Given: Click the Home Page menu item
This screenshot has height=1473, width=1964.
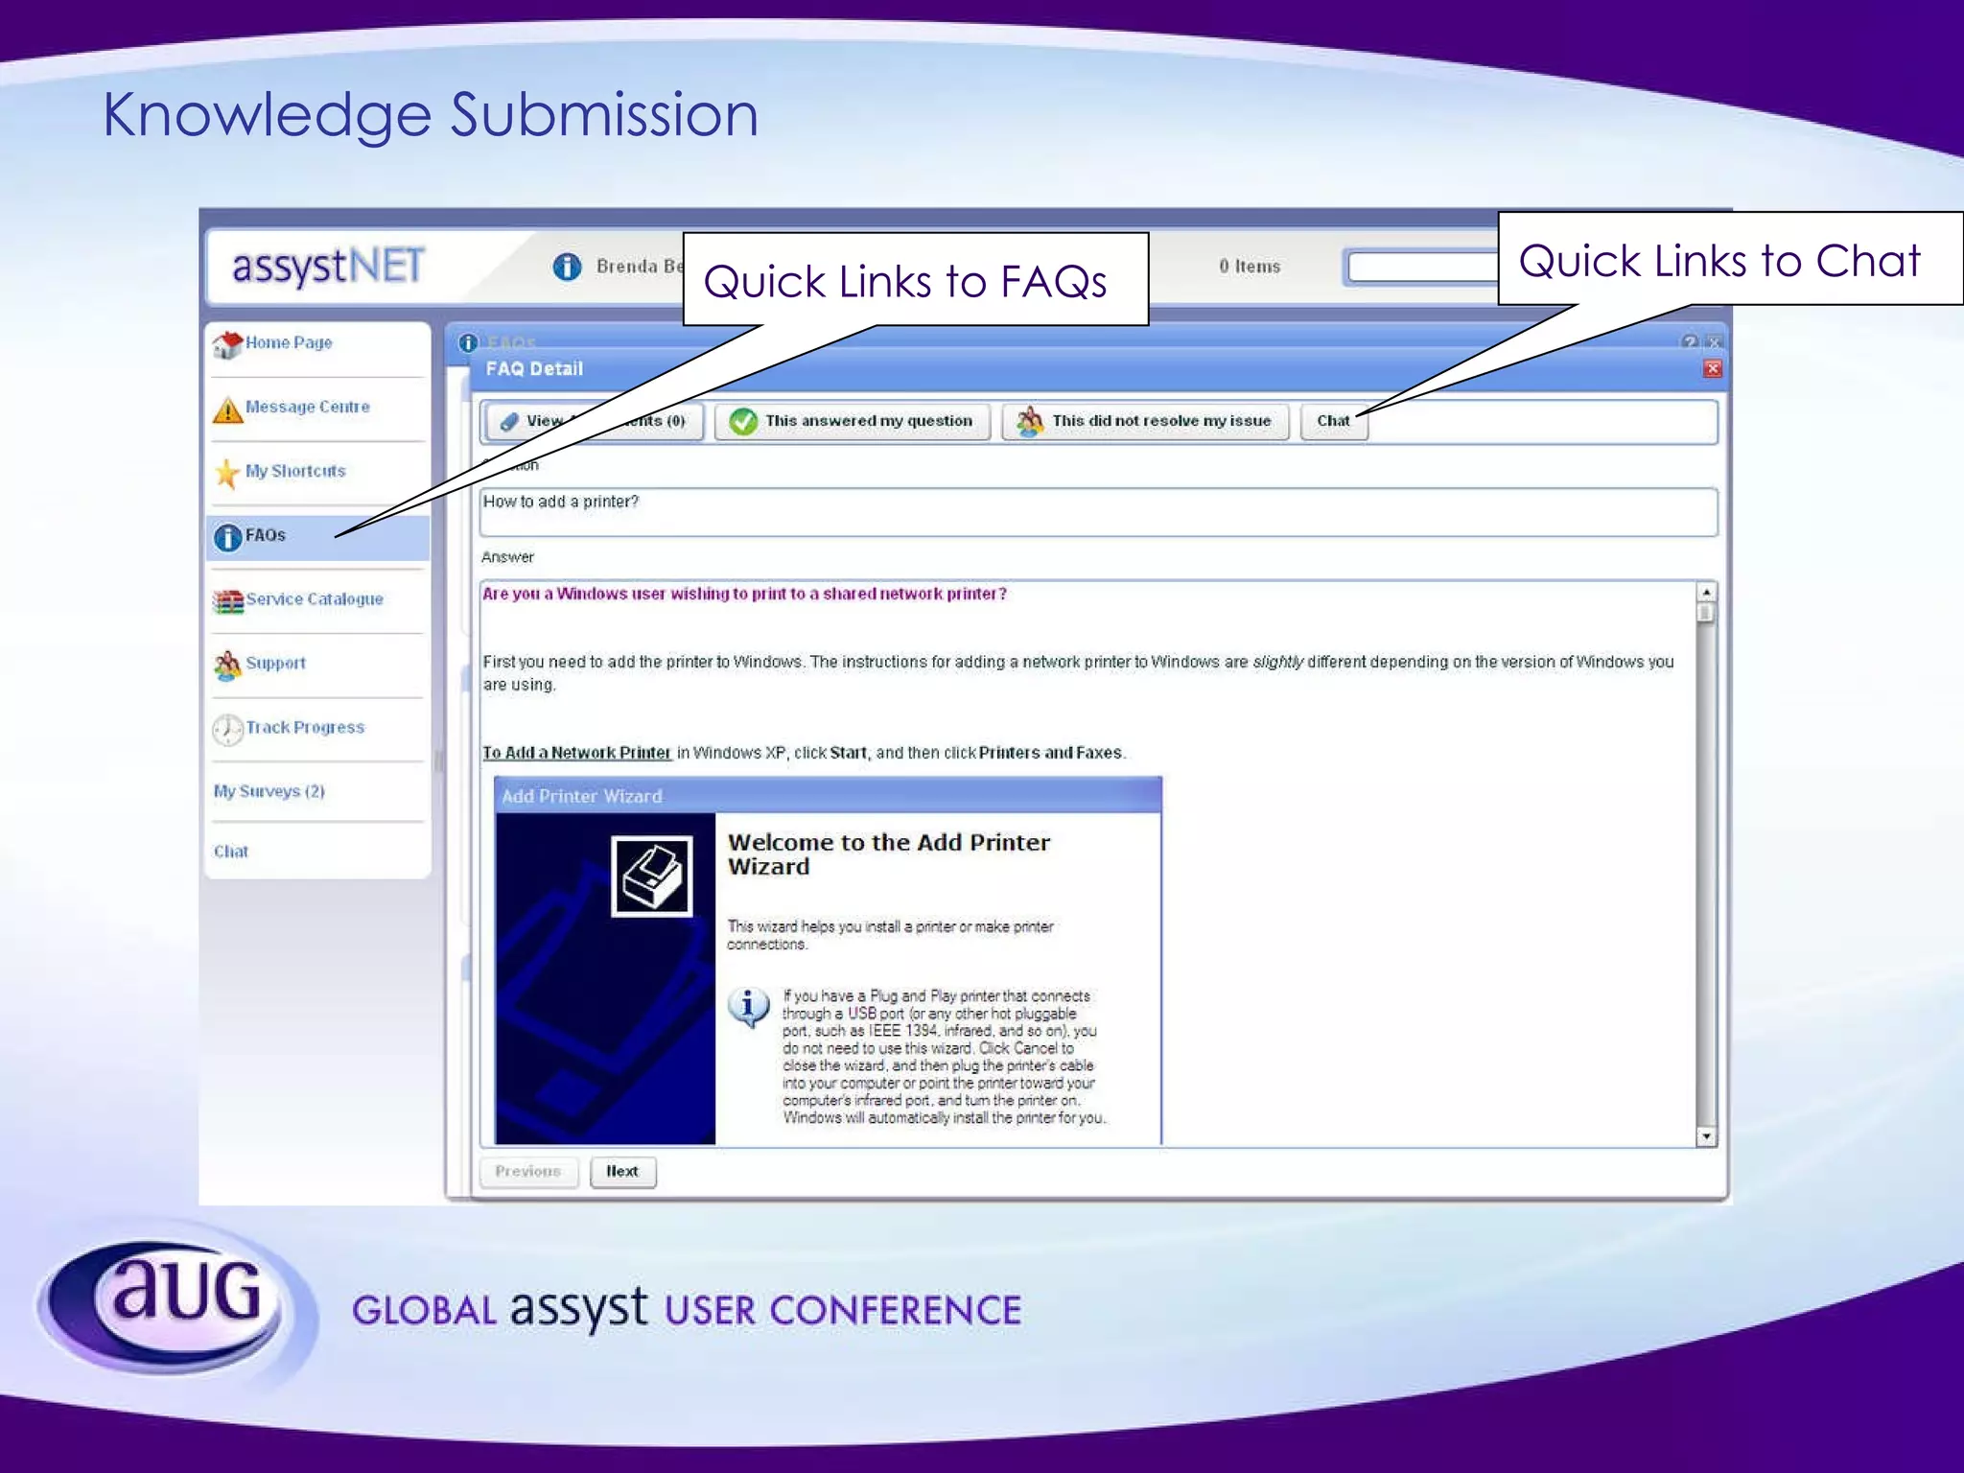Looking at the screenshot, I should [x=287, y=343].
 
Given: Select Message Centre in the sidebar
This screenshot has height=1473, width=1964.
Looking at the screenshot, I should [x=306, y=408].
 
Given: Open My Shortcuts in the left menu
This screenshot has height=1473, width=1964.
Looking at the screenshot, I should [x=293, y=472].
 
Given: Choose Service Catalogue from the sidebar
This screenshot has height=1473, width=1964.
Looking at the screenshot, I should [x=313, y=599].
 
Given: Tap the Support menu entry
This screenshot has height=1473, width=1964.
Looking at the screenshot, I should [x=274, y=664].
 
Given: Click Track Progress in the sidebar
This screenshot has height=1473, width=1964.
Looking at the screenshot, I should [x=304, y=728].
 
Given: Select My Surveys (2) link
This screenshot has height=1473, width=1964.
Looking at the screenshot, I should [x=269, y=791].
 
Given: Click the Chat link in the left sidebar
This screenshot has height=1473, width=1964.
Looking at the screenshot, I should [x=230, y=852].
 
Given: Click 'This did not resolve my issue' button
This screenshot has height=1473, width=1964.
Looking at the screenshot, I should [x=1145, y=422].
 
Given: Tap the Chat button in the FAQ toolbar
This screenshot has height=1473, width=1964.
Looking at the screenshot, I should [x=1333, y=422].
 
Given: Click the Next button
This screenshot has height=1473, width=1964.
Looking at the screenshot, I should [x=622, y=1172].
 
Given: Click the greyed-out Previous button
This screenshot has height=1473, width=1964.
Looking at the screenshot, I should [x=528, y=1172].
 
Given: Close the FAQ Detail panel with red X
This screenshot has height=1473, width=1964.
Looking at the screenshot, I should [x=1712, y=369].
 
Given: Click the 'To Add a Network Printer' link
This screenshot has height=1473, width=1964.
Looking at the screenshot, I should [x=576, y=753].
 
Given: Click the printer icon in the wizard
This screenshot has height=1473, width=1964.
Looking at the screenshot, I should [x=652, y=877].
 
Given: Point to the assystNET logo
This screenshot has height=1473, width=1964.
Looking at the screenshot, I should [x=328, y=267].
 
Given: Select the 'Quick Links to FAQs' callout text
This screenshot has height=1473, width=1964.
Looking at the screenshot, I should [x=904, y=282].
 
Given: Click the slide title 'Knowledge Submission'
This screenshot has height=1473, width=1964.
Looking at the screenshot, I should [x=430, y=115].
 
